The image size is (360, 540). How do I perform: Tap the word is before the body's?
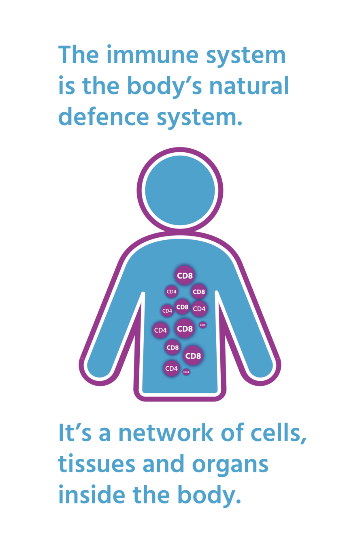point(66,85)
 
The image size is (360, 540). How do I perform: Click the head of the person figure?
point(180,190)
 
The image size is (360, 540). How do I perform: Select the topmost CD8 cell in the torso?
point(185,276)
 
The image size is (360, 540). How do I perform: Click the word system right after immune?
point(246,55)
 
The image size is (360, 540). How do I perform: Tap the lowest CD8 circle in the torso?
point(193,356)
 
